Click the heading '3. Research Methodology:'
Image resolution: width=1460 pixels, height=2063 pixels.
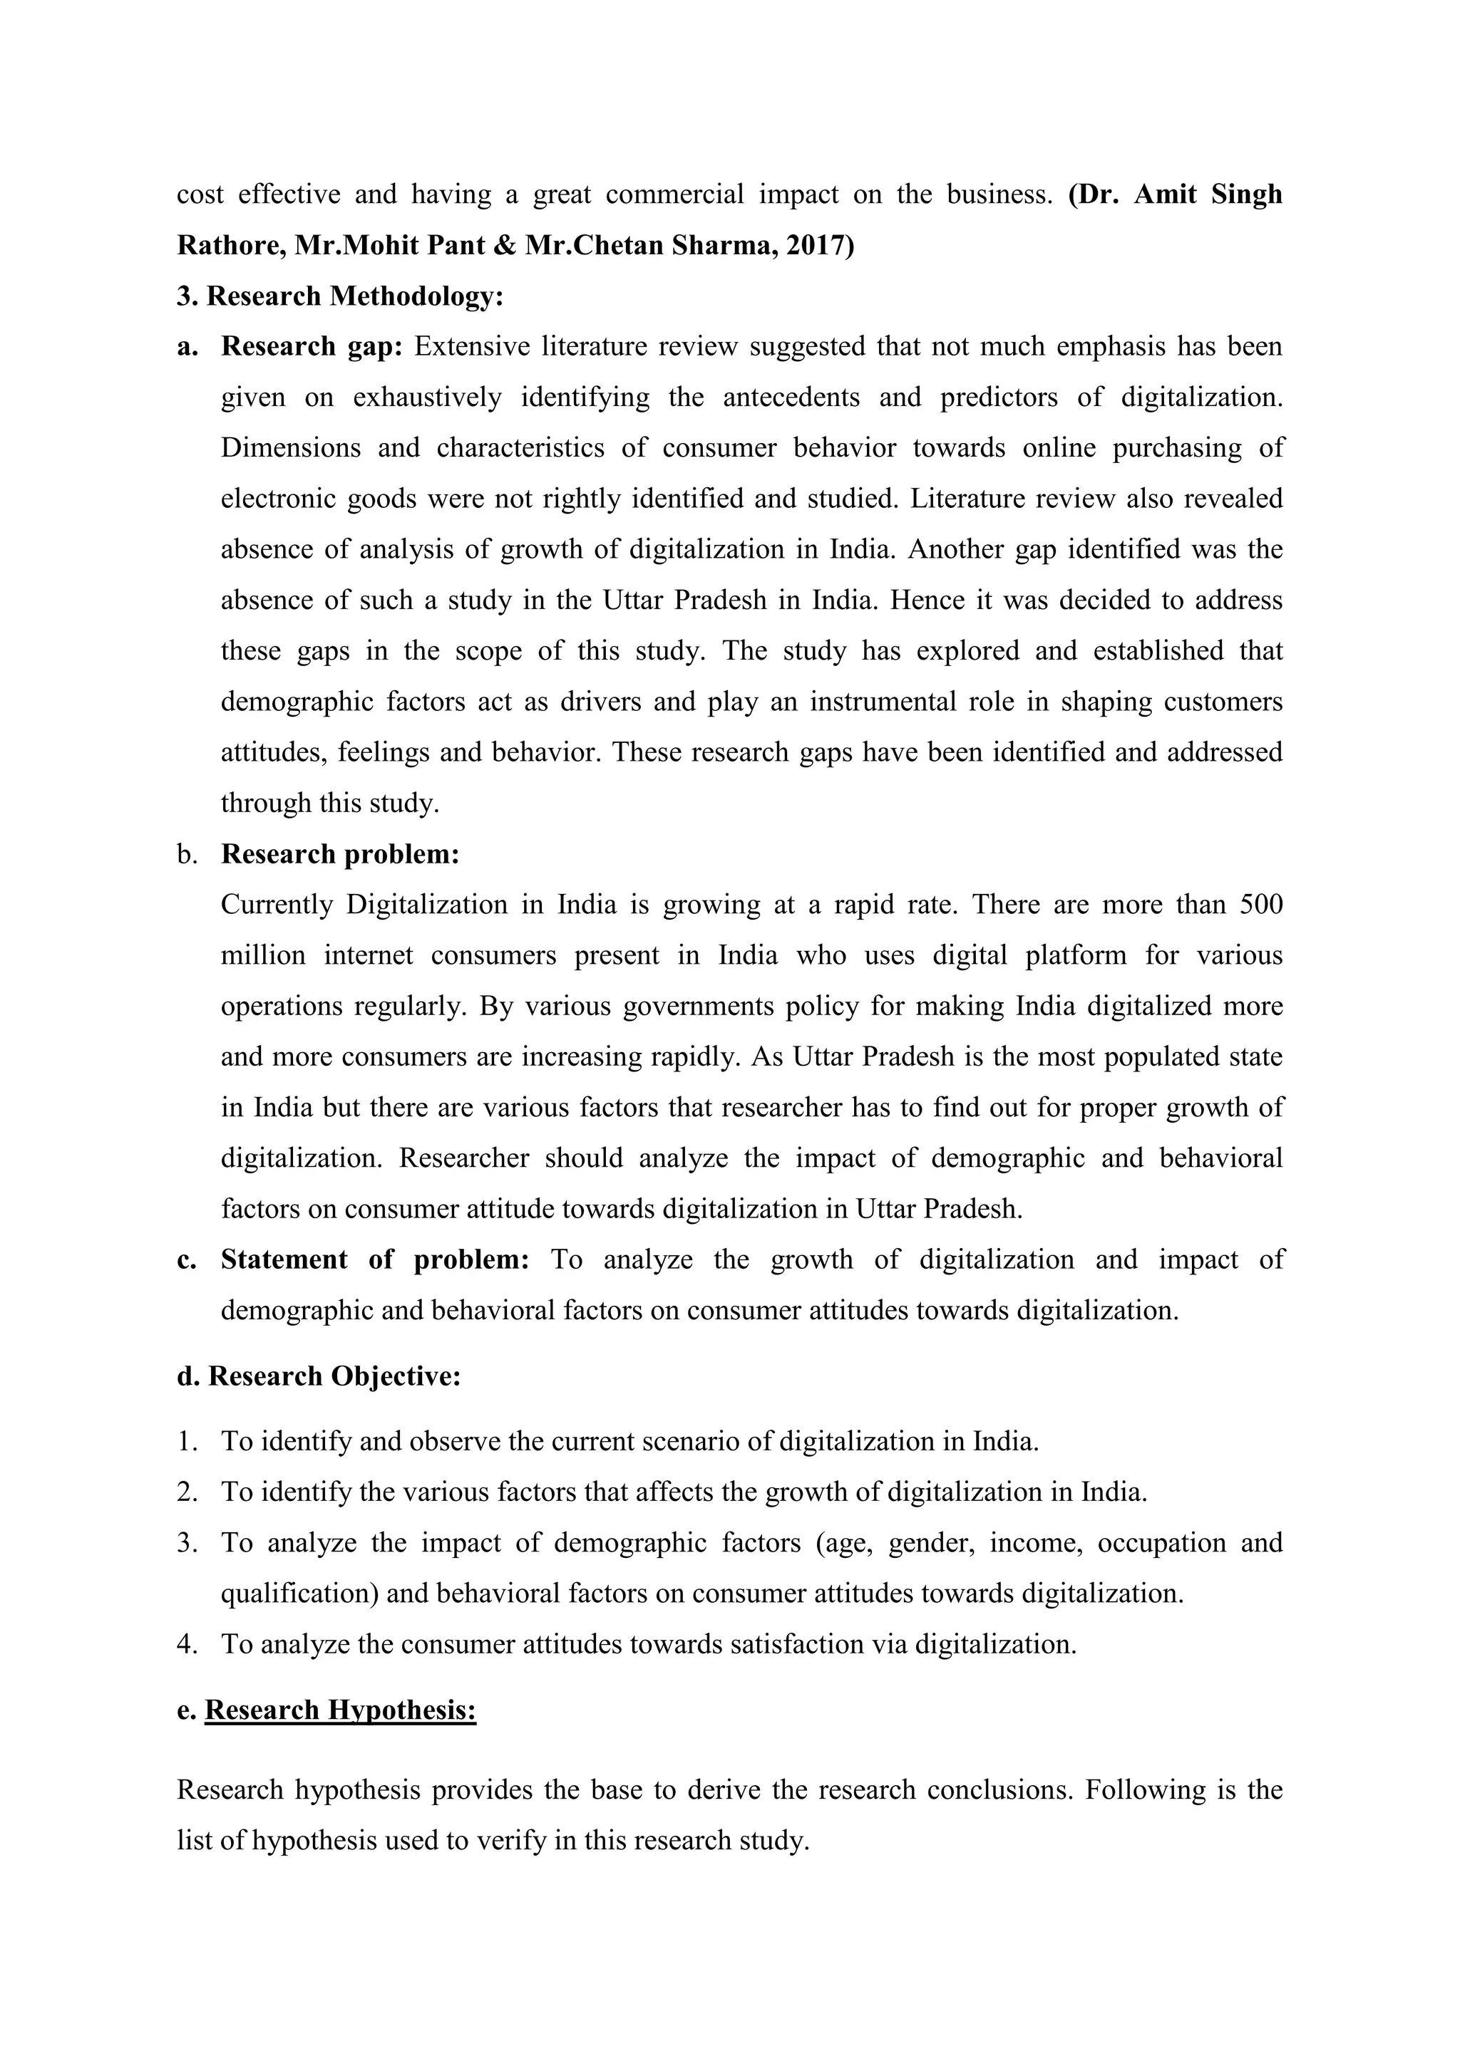pyautogui.click(x=340, y=296)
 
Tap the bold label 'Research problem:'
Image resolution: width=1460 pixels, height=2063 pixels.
pyautogui.click(x=340, y=853)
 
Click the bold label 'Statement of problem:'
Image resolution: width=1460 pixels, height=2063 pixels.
pyautogui.click(x=375, y=1259)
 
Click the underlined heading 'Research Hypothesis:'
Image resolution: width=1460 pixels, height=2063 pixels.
pyautogui.click(x=340, y=1709)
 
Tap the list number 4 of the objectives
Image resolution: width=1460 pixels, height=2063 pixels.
pyautogui.click(x=186, y=1644)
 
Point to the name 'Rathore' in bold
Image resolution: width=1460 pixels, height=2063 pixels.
pyautogui.click(x=230, y=245)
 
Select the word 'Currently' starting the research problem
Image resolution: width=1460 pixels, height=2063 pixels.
pyautogui.click(x=276, y=904)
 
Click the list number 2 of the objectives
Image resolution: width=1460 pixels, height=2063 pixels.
pyautogui.click(x=186, y=1492)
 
